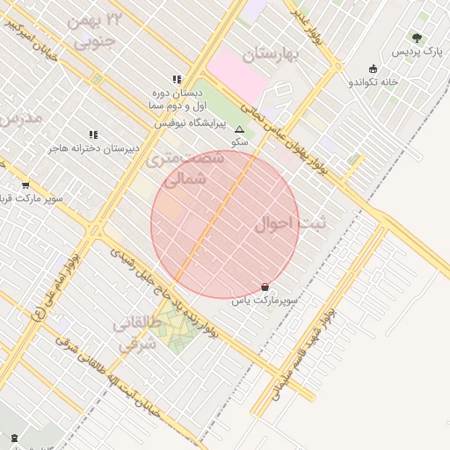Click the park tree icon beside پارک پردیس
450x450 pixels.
pyautogui.click(x=417, y=38)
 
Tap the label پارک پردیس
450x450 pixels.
pyautogui.click(x=417, y=53)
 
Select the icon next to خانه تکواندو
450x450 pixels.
pyautogui.click(x=373, y=69)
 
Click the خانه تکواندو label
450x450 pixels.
pyautogui.click(x=374, y=82)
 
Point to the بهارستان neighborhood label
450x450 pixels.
pyautogui.click(x=272, y=54)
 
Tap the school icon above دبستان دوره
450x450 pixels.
pyautogui.click(x=177, y=78)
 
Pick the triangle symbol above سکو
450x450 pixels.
pyautogui.click(x=240, y=128)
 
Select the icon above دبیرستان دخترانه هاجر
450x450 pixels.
pyautogui.click(x=94, y=134)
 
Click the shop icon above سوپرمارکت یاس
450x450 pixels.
pyautogui.click(x=265, y=287)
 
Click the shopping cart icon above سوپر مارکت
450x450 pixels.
pyautogui.click(x=25, y=185)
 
